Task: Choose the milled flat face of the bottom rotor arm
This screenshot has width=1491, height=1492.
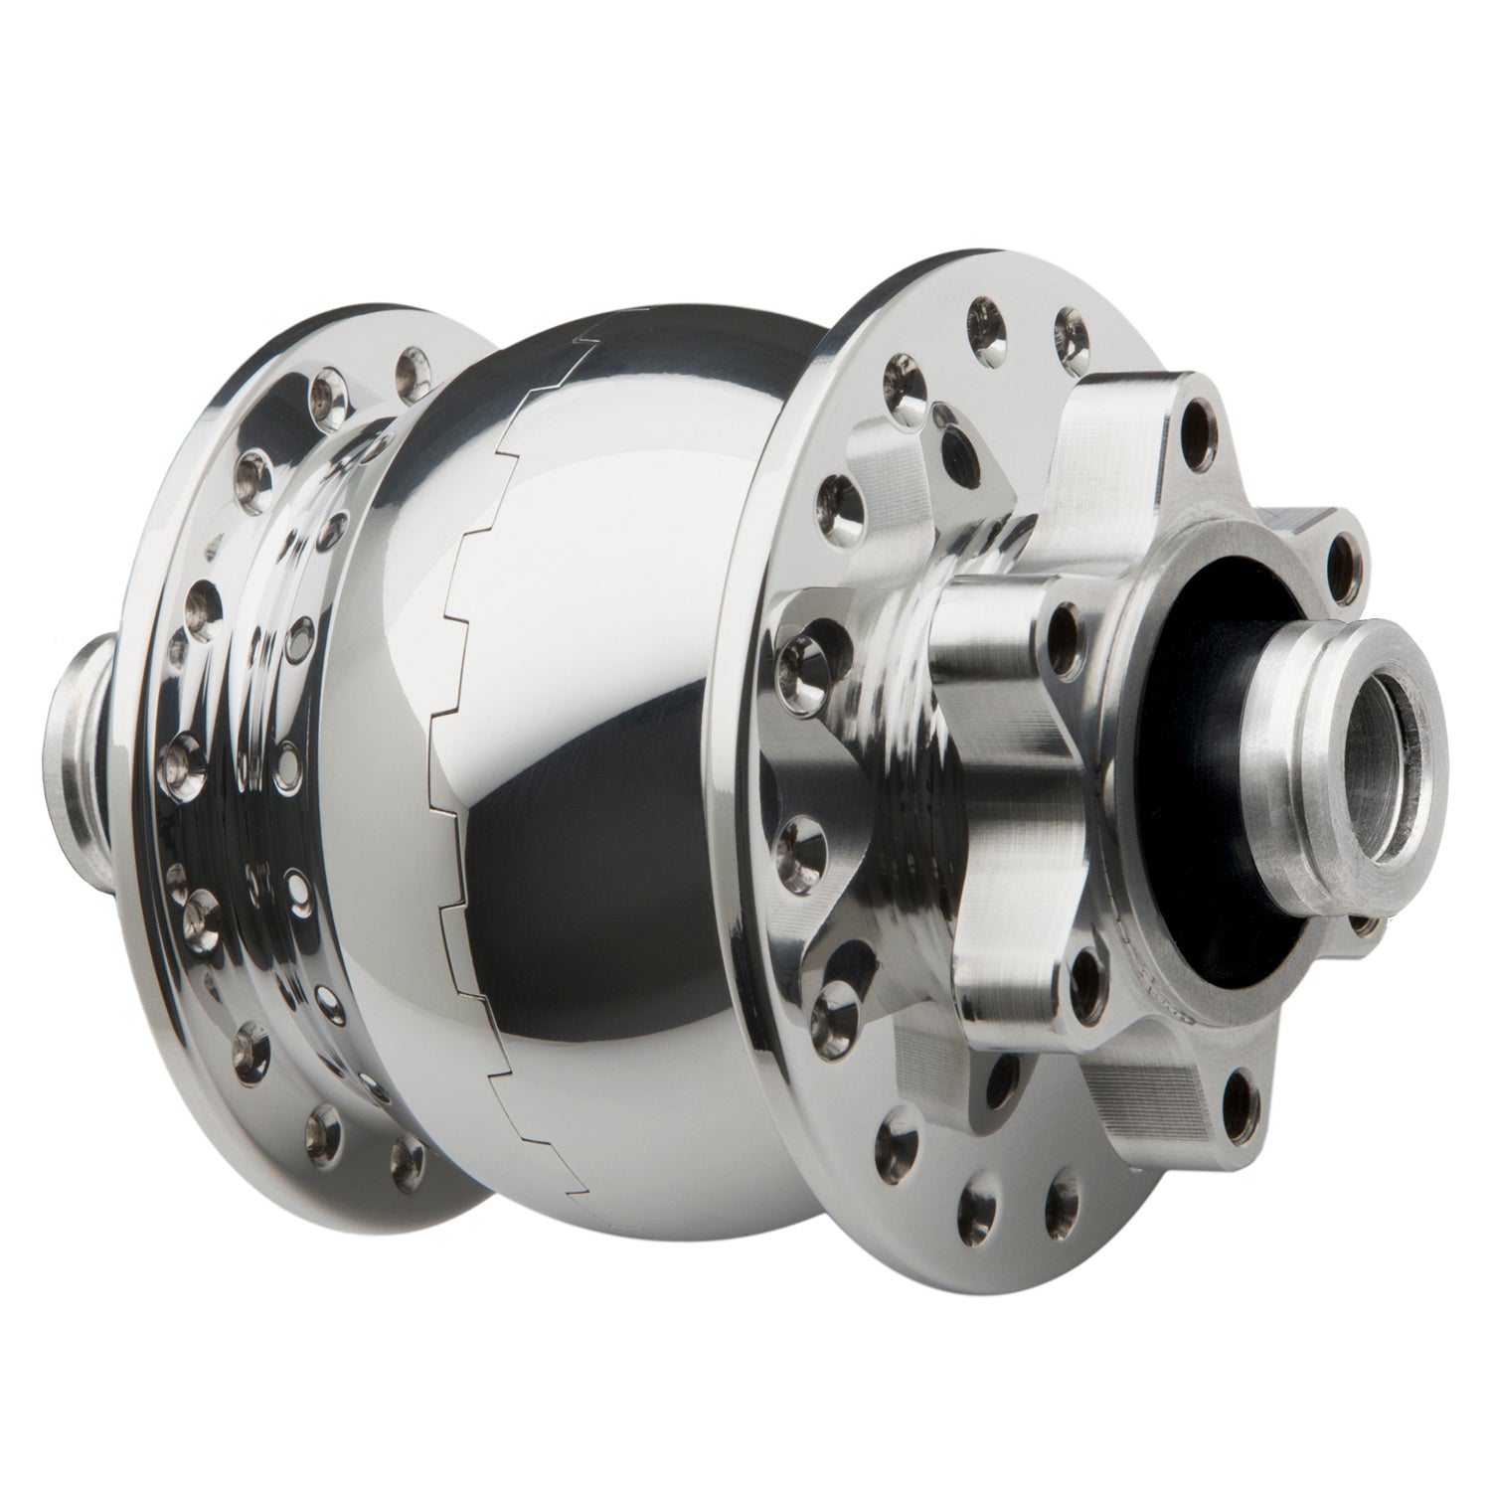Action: coord(1133,1054)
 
